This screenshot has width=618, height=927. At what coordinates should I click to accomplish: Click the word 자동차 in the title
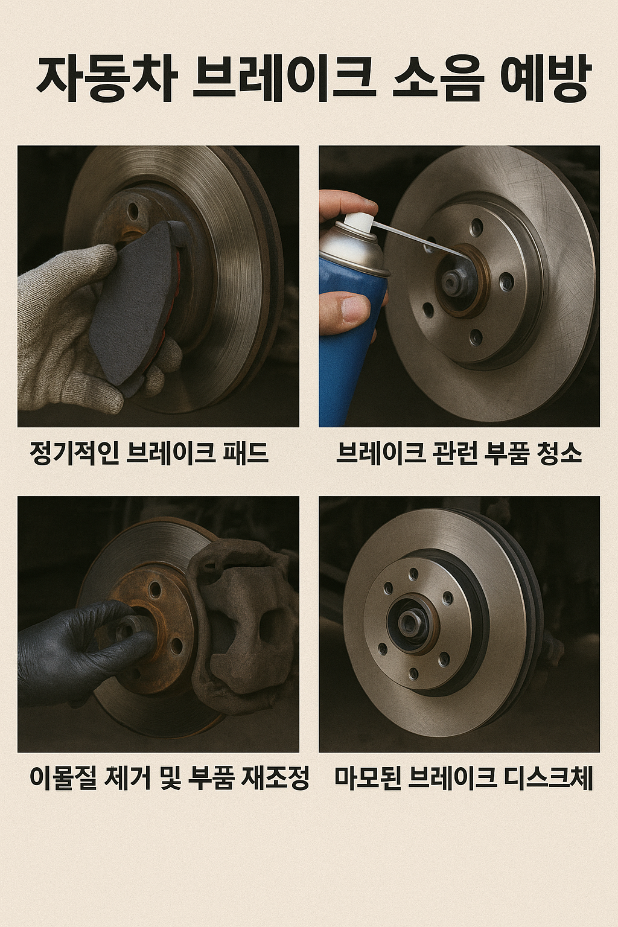106,79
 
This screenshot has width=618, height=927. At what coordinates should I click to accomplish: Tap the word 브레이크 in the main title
283,79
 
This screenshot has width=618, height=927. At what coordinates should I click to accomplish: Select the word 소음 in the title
438,79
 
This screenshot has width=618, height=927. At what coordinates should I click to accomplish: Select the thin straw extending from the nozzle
416,239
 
